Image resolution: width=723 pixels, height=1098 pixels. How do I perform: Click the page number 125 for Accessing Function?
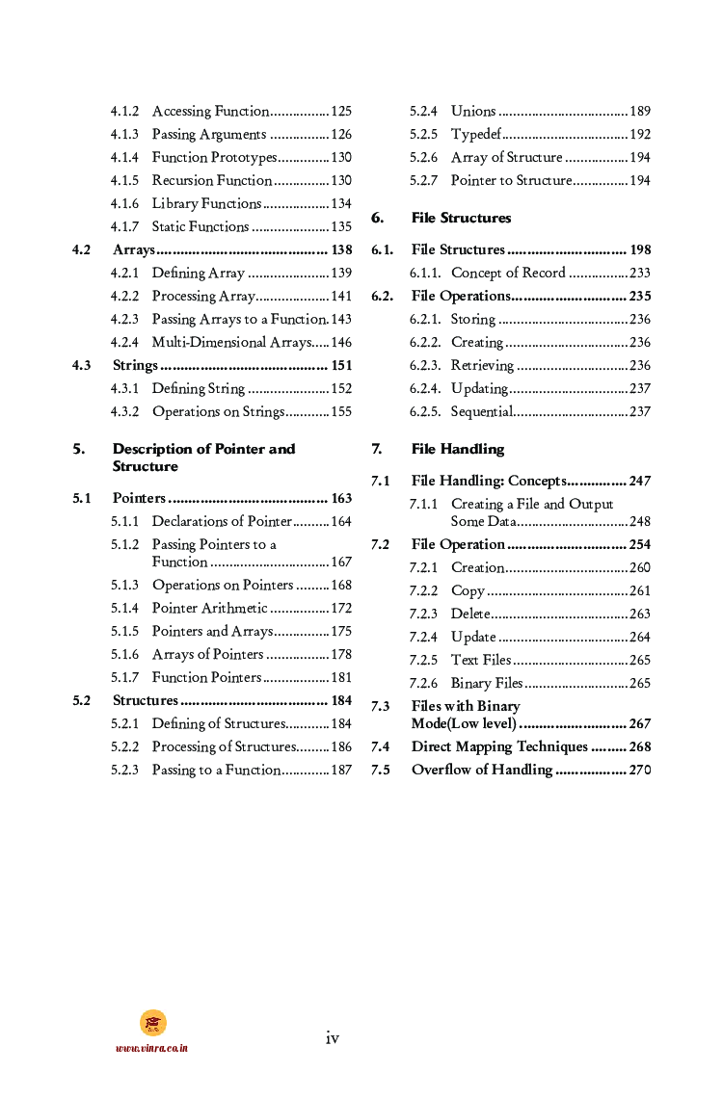pos(341,112)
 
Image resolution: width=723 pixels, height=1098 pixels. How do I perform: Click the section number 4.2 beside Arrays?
pos(82,250)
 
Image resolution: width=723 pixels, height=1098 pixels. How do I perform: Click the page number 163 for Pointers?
pos(341,499)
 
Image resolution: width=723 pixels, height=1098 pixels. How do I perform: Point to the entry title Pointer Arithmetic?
pos(210,609)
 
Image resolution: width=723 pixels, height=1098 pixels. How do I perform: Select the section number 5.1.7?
pos(124,678)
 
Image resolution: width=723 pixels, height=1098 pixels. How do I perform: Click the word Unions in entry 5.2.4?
pos(473,112)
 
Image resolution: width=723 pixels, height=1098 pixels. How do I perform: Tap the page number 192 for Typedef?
pos(640,135)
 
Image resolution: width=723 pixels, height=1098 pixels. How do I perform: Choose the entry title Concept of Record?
pos(508,274)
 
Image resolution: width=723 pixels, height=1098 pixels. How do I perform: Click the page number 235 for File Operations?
pos(640,297)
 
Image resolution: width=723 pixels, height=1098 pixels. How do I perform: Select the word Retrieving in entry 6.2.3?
pos(482,366)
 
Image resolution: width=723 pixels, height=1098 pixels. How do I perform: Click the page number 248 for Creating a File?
pos(640,522)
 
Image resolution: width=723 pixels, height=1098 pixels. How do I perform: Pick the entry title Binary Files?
pos(487,684)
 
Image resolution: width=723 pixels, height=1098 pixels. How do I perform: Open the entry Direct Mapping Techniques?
pos(499,747)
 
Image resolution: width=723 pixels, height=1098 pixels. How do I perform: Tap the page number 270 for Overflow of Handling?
pos(640,771)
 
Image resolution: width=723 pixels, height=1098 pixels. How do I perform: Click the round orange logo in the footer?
pos(152,1023)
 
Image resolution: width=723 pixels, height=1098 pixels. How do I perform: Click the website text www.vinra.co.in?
pos(152,1048)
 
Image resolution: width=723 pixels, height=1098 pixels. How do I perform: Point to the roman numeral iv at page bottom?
pos(333,1037)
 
